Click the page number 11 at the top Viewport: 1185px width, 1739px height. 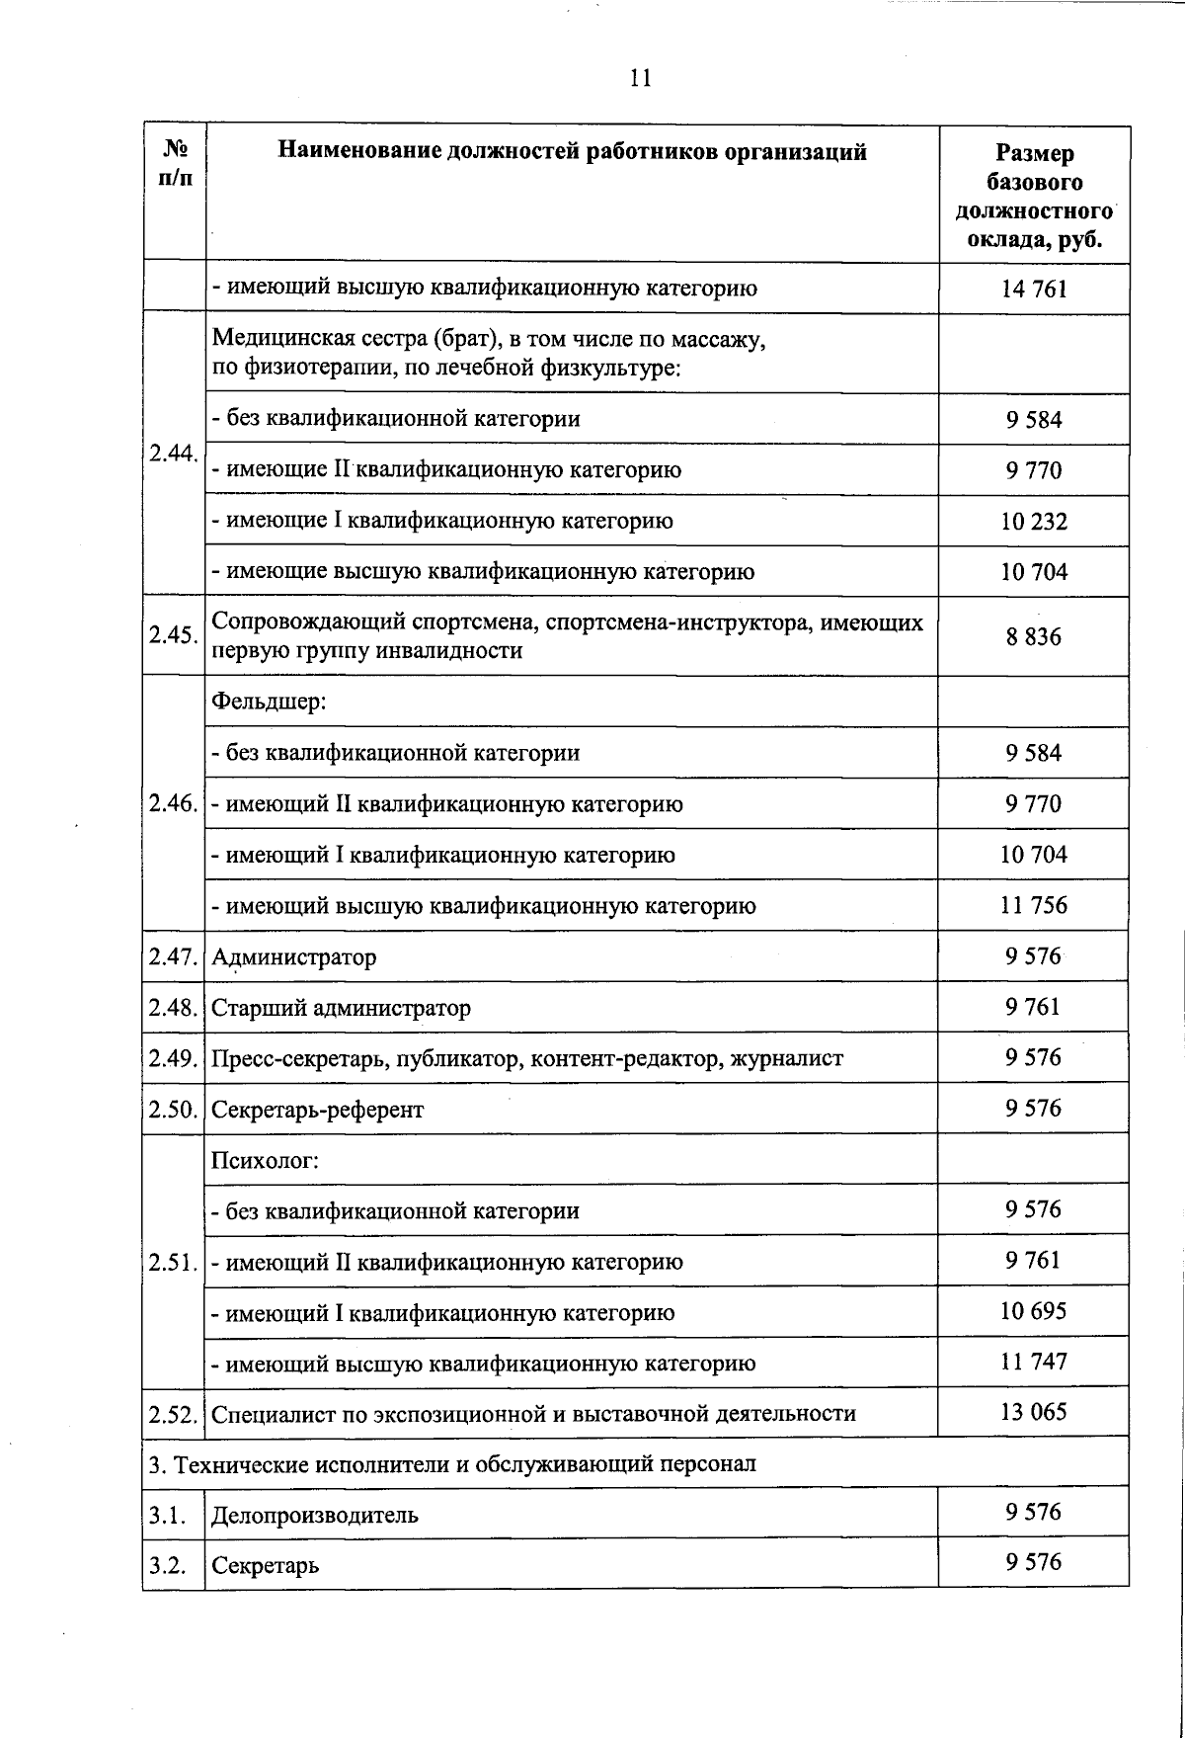(640, 79)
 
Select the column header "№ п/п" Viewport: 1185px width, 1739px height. (175, 164)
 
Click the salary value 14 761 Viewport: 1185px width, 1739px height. (1034, 290)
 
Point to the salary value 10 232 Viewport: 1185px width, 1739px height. (1034, 522)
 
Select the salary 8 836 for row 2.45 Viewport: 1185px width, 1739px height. (1034, 637)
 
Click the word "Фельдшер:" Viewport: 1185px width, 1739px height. (269, 703)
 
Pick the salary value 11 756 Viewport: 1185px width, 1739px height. (1034, 905)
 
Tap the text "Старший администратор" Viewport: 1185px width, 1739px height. (341, 1009)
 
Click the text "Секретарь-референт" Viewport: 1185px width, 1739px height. (317, 1111)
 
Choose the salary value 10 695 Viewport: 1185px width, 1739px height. (1034, 1311)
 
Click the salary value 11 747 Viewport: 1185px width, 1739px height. (1034, 1362)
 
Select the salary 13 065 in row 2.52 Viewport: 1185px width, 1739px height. (1034, 1412)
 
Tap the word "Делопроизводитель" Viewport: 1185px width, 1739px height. (315, 1516)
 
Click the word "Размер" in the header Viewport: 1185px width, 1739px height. (1034, 154)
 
